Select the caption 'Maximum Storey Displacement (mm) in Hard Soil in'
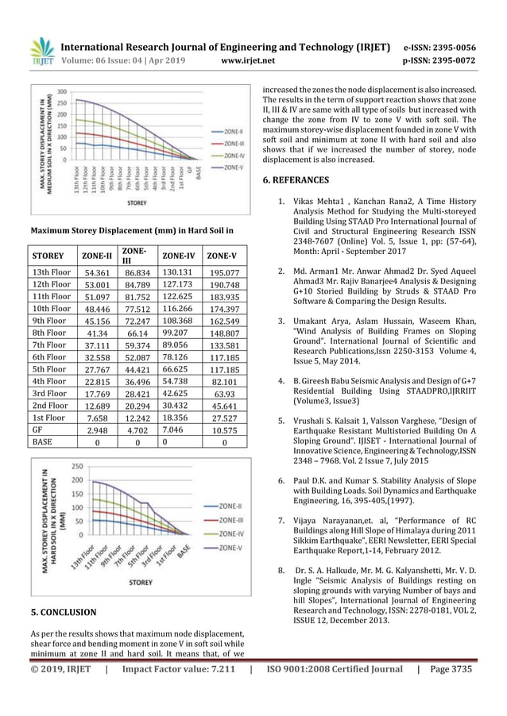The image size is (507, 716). click(x=131, y=231)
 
